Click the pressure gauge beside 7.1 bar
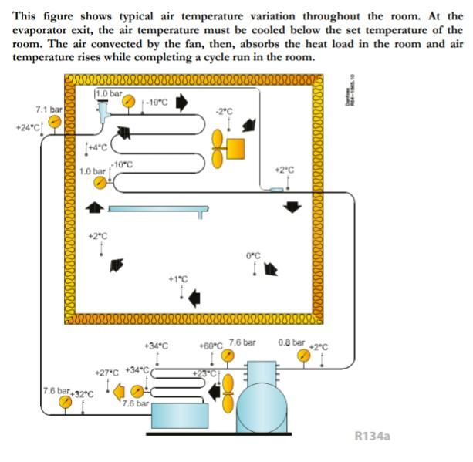[55, 123]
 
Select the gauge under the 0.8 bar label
[305, 356]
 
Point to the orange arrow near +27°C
[119, 393]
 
